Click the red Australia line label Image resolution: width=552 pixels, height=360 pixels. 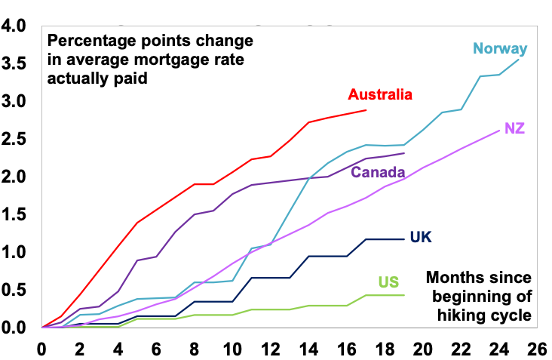coord(380,94)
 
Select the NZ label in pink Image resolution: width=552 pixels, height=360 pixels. coord(514,128)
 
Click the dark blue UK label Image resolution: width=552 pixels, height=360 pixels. coord(421,237)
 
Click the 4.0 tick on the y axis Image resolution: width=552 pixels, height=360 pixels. coord(17,26)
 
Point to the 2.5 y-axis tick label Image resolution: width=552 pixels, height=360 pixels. coord(17,139)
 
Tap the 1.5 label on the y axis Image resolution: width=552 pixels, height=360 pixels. coord(17,214)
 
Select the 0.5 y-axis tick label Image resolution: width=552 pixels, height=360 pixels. coord(17,290)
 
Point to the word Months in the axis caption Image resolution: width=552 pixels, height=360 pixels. coord(455,277)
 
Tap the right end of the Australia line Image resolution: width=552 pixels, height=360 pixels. coord(366,110)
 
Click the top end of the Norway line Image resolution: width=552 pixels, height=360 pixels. coord(518,59)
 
